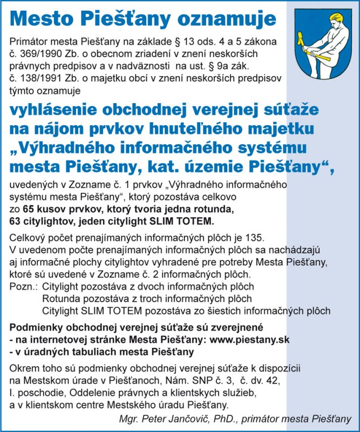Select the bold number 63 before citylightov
coord(15,221)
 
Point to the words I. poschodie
coord(36,393)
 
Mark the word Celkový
coord(28,238)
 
